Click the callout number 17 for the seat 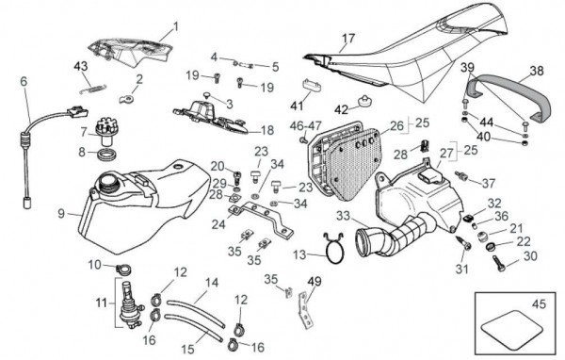(348, 38)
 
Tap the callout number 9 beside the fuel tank (61, 214)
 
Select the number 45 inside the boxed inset (539, 304)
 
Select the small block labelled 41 (312, 85)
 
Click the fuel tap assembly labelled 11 (128, 305)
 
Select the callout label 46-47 (305, 126)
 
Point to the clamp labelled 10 (123, 270)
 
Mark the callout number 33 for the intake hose (343, 216)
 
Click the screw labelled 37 (461, 176)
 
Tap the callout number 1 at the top (176, 26)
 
